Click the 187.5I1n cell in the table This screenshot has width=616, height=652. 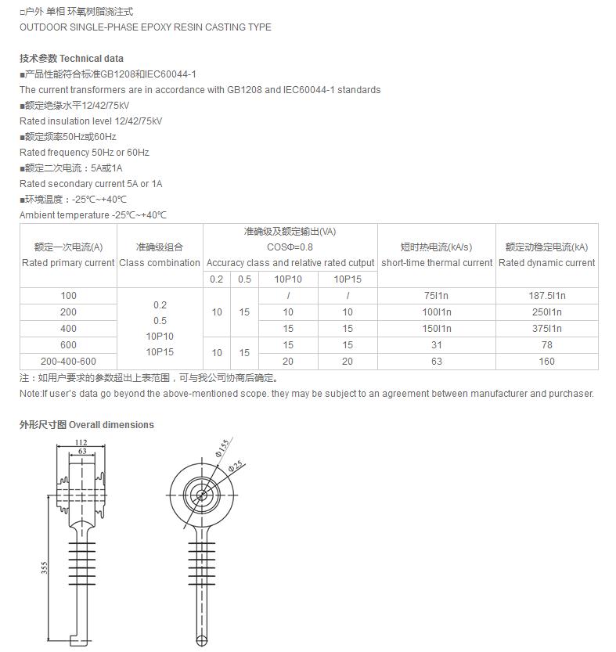(546, 296)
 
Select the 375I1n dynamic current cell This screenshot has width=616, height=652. (546, 329)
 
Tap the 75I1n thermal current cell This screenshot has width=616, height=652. (436, 296)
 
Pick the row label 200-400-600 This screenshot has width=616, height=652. (68, 362)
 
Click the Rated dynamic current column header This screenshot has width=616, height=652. (546, 263)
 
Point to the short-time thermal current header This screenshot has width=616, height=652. (437, 263)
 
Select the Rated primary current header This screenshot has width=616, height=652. (68, 263)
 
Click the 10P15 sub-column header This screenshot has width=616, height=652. (348, 279)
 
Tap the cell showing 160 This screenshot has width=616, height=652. (546, 362)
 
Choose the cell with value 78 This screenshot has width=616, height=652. (546, 345)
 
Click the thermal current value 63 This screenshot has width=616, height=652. (436, 362)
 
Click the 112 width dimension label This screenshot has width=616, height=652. (81, 442)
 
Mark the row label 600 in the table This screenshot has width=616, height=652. (68, 345)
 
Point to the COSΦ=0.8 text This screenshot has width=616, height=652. (290, 247)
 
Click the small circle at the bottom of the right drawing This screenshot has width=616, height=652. (202, 641)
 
